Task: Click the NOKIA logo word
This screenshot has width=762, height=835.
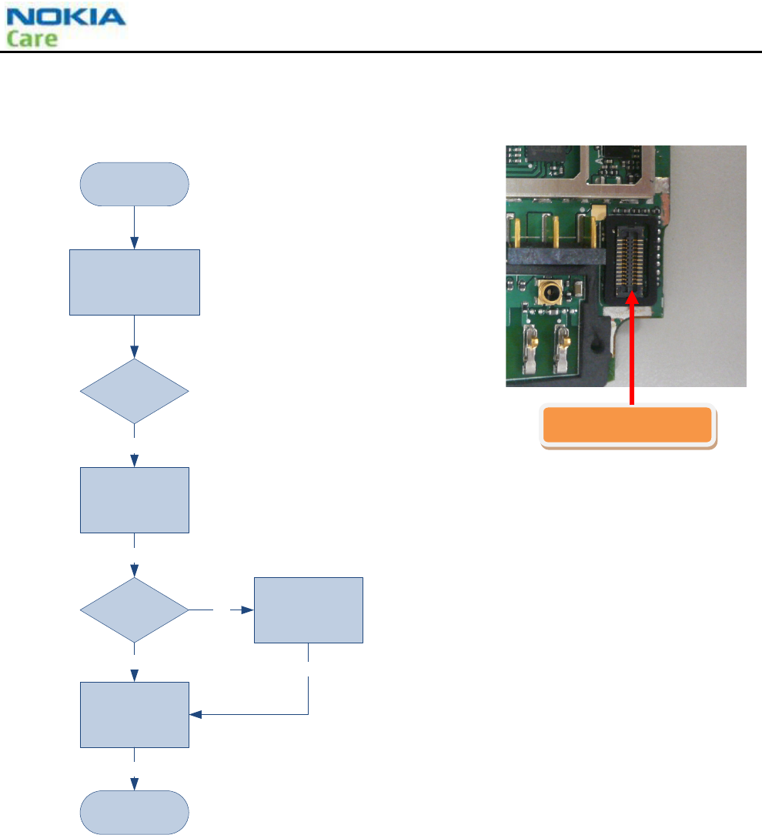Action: pyautogui.click(x=65, y=17)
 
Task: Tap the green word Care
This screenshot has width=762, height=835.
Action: pyautogui.click(x=32, y=38)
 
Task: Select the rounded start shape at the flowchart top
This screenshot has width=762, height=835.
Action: pyautogui.click(x=135, y=184)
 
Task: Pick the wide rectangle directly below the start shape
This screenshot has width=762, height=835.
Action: pyautogui.click(x=135, y=282)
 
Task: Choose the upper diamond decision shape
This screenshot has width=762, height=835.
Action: pyautogui.click(x=135, y=391)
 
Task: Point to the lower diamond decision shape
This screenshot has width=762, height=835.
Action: pyautogui.click(x=135, y=610)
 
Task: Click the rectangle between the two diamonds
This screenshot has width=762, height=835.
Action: pyautogui.click(x=135, y=500)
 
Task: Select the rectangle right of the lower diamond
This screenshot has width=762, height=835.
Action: pyautogui.click(x=309, y=610)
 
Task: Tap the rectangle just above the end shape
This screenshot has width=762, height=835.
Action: pyautogui.click(x=135, y=714)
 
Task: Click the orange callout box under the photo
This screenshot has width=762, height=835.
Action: pyautogui.click(x=628, y=426)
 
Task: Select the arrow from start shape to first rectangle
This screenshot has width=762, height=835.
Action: pyautogui.click(x=135, y=228)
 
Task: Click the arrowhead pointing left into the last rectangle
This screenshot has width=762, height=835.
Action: pyautogui.click(x=196, y=715)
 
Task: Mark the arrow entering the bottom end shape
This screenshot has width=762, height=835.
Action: pyautogui.click(x=135, y=781)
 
